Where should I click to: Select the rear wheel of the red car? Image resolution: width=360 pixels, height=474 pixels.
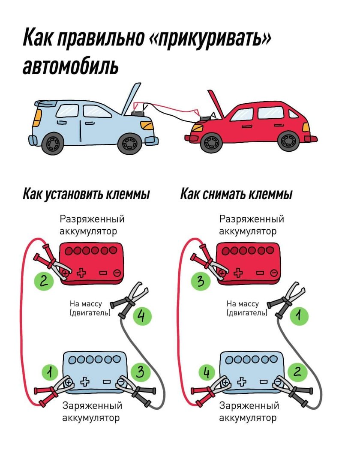pos(288,141)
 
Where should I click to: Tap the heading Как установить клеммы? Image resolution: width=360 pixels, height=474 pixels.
pos(86,195)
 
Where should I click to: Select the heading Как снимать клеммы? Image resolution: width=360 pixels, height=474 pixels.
pos(236,195)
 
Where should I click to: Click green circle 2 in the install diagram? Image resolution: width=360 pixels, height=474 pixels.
pos(44,281)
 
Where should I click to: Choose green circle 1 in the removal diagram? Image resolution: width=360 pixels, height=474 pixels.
pos(299,317)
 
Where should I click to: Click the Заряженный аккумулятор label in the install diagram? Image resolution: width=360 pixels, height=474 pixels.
pos(92,411)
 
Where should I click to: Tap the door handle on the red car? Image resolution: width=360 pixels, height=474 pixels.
pos(246,127)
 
